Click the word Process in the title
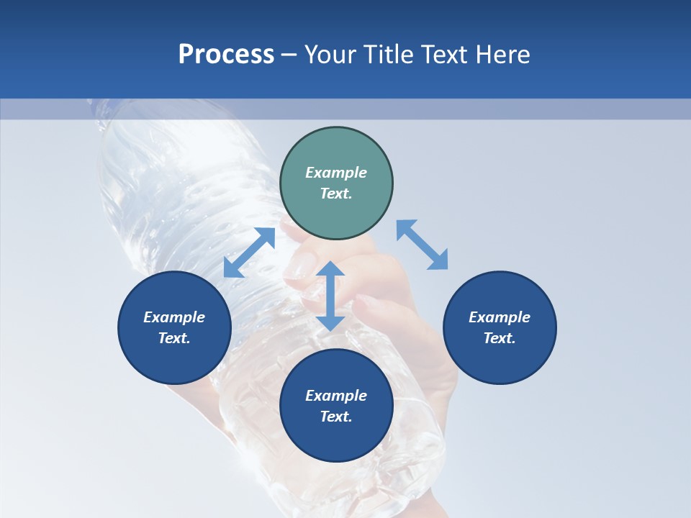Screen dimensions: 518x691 tap(226, 55)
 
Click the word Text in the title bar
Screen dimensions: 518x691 tap(446, 55)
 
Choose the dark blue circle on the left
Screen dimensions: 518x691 tap(174, 327)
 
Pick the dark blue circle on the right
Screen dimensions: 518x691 tap(500, 327)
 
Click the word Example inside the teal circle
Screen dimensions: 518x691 tap(336, 173)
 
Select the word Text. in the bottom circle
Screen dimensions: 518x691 tap(336, 417)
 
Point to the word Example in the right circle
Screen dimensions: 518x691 tap(500, 317)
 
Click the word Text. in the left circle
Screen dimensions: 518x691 tap(174, 338)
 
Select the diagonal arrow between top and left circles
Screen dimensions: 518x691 tap(249, 253)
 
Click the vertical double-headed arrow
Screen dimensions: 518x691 tap(330, 296)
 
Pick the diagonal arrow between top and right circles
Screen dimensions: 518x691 tap(422, 245)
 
